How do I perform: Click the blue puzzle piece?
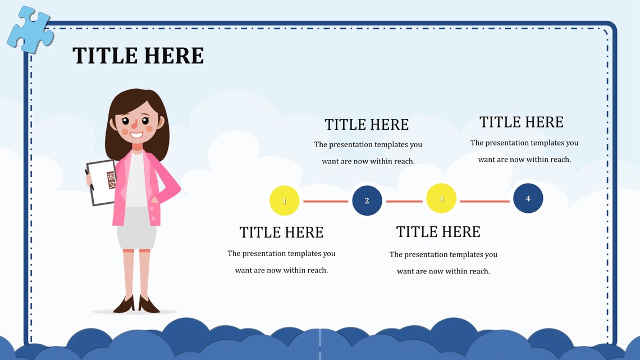pyautogui.click(x=29, y=29)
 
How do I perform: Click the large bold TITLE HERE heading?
pyautogui.click(x=138, y=56)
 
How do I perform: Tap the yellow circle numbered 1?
pyautogui.click(x=284, y=200)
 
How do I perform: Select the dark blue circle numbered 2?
pyautogui.click(x=367, y=200)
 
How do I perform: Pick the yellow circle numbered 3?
pyautogui.click(x=441, y=198)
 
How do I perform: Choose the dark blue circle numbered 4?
pyautogui.click(x=528, y=198)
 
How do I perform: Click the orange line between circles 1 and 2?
pyautogui.click(x=326, y=201)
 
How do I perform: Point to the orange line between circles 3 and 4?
pyautogui.click(x=484, y=201)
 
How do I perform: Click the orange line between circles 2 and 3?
pyautogui.click(x=404, y=201)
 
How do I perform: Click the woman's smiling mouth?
pyautogui.click(x=136, y=135)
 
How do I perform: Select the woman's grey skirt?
pyautogui.click(x=136, y=229)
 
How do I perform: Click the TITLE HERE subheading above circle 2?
pyautogui.click(x=367, y=124)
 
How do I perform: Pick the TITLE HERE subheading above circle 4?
pyautogui.click(x=521, y=122)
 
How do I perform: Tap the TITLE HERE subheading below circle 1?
pyautogui.click(x=281, y=232)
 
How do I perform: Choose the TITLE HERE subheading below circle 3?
pyautogui.click(x=438, y=231)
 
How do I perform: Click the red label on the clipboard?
pyautogui.click(x=111, y=180)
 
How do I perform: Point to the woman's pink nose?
pyautogui.click(x=134, y=124)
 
